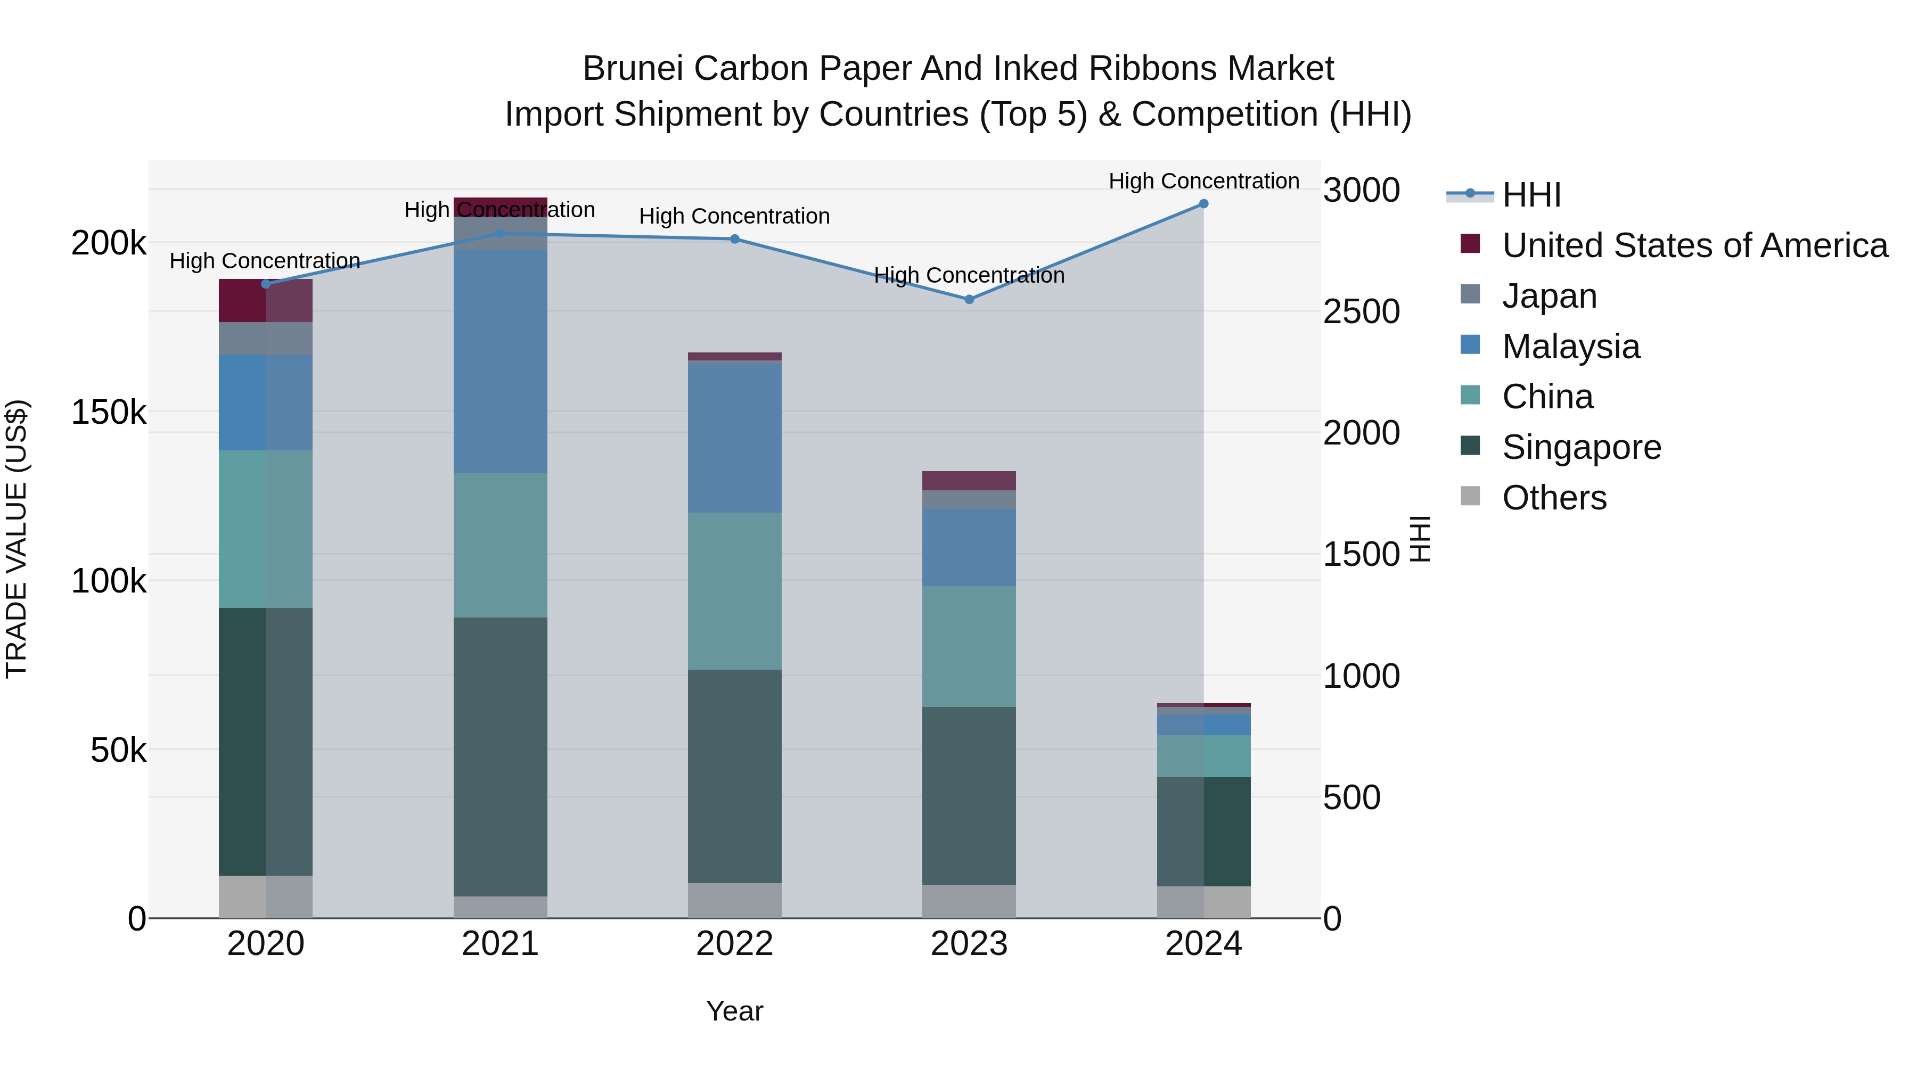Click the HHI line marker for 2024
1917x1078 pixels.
1203,204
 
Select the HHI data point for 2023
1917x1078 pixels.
969,300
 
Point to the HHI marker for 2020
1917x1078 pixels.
266,283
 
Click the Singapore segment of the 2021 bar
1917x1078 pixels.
500,756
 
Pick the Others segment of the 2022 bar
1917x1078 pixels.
734,900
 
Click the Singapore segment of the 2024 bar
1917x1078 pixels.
1203,832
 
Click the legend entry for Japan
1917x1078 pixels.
1550,296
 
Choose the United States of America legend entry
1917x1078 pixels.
1694,245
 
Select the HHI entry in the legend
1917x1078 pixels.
1531,195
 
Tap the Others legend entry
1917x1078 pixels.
1554,498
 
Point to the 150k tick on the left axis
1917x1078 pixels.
109,412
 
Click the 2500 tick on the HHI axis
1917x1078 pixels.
1361,312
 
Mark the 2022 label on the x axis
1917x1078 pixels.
734,944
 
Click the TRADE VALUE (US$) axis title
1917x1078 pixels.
17,539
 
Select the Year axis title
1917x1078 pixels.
734,1011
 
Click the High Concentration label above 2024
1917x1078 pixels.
1203,181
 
